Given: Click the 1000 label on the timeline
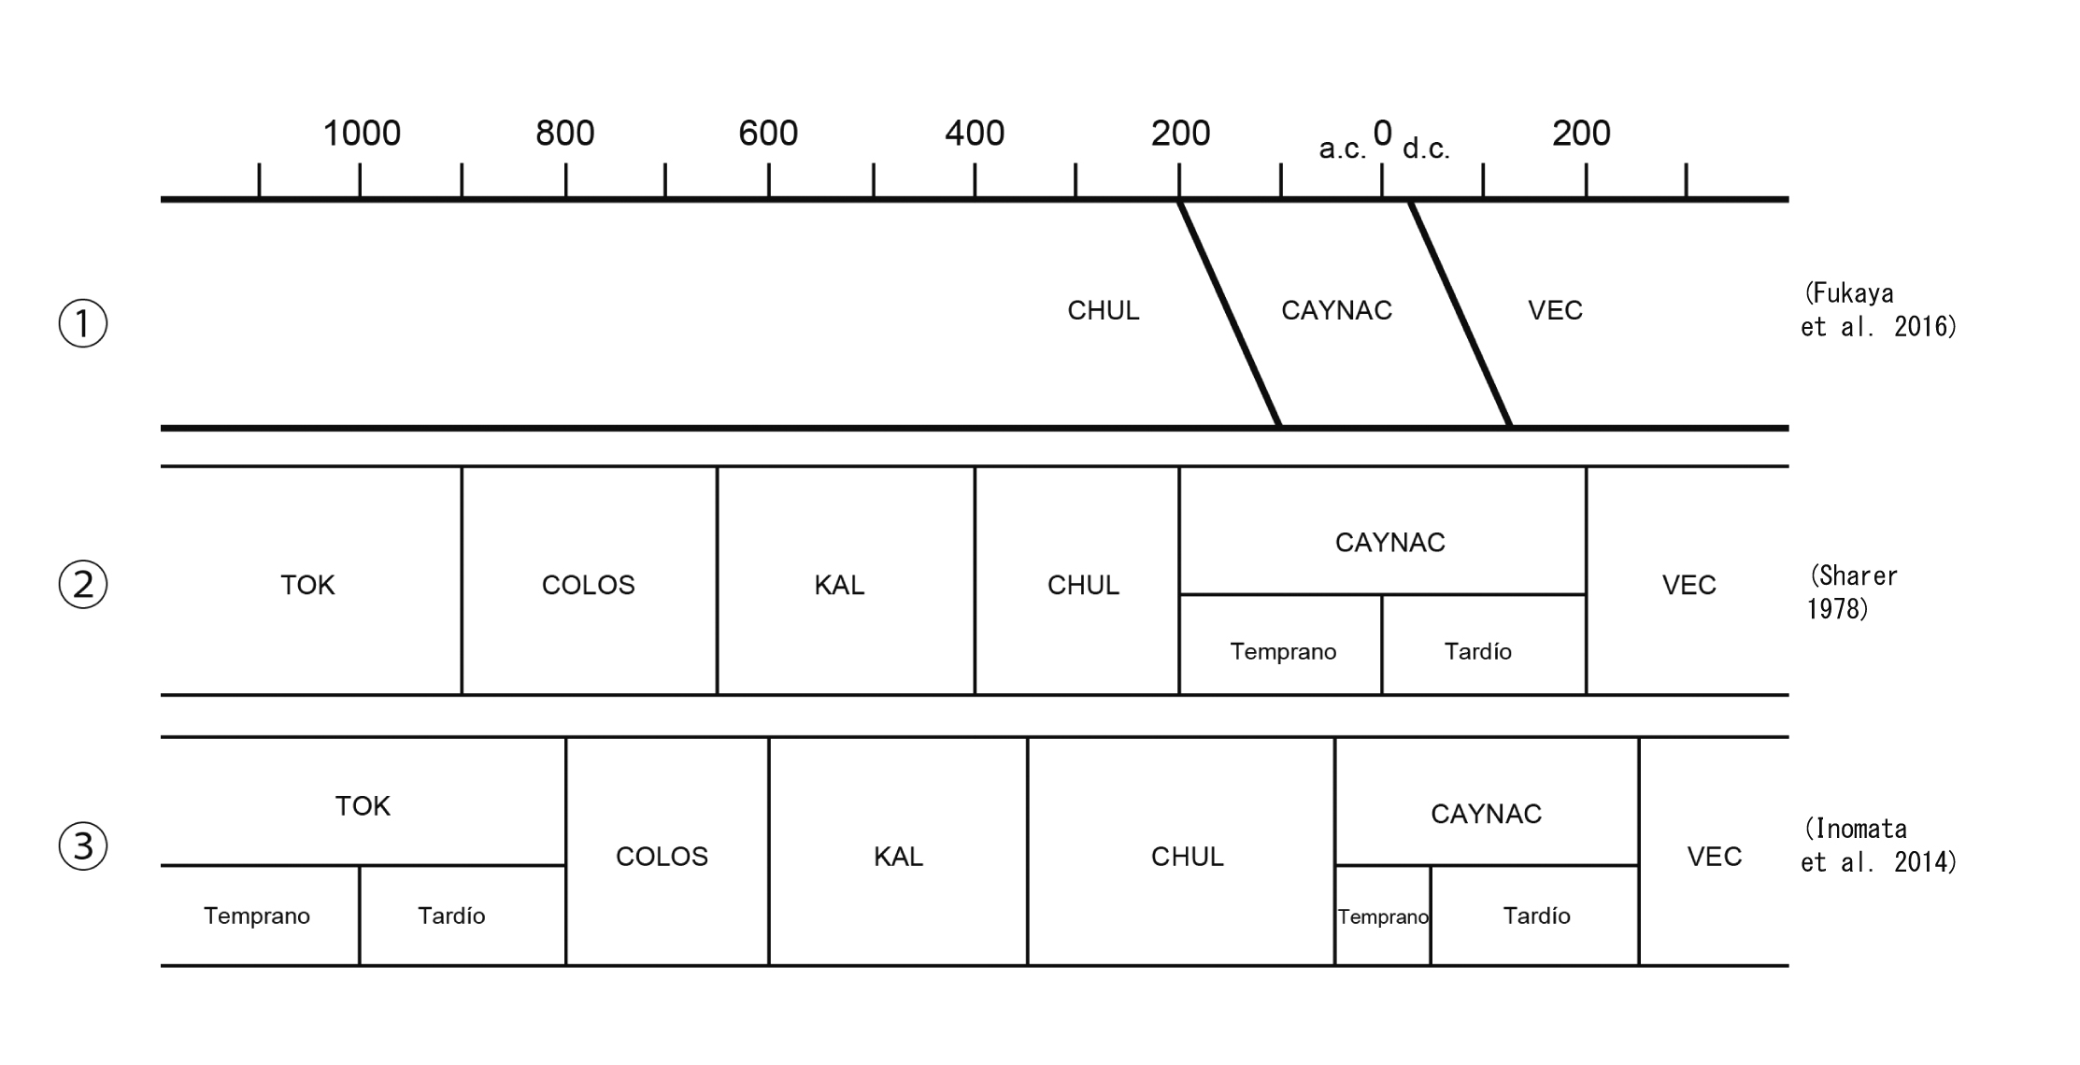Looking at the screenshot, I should pyautogui.click(x=362, y=134).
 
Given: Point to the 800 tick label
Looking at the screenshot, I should pyautogui.click(x=564, y=134).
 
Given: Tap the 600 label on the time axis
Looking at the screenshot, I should pyautogui.click(x=768, y=134).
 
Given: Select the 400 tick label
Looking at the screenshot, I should pyautogui.click(x=974, y=134).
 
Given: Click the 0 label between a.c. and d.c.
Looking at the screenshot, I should pyautogui.click(x=1382, y=133).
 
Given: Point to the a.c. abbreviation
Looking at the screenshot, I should pyautogui.click(x=1343, y=149).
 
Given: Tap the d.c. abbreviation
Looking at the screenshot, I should pyautogui.click(x=1426, y=149).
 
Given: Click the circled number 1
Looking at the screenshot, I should pyautogui.click(x=83, y=323).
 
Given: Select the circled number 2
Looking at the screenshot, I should pyautogui.click(x=83, y=585).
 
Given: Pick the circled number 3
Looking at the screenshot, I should pyautogui.click(x=83, y=846).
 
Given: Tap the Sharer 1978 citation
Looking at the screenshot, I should pyautogui.click(x=1852, y=592).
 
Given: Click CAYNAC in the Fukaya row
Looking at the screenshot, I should pyautogui.click(x=1336, y=310).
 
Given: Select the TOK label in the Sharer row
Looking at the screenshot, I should pyautogui.click(x=307, y=585).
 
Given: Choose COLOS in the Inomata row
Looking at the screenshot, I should pyautogui.click(x=662, y=856).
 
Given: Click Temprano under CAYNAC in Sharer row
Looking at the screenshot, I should pyautogui.click(x=1282, y=651).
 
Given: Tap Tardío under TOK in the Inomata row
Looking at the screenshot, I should pyautogui.click(x=451, y=916).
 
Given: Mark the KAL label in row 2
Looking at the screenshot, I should pyautogui.click(x=839, y=585).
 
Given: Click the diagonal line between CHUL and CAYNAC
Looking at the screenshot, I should pyautogui.click(x=1229, y=313).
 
